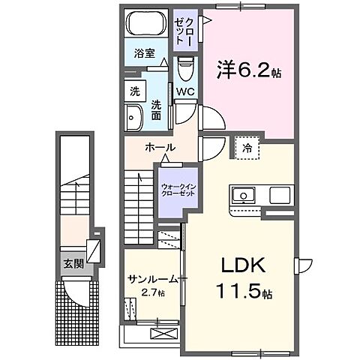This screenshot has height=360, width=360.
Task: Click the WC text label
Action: [186, 93]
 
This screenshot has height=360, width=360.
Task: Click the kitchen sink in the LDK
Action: [244, 196]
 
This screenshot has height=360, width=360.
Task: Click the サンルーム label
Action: [151, 279]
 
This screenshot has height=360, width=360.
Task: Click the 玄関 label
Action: [72, 263]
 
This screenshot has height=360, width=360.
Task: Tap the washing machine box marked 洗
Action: [134, 92]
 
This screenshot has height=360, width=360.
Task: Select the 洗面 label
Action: [157, 109]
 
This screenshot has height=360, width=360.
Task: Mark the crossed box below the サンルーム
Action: [163, 332]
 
